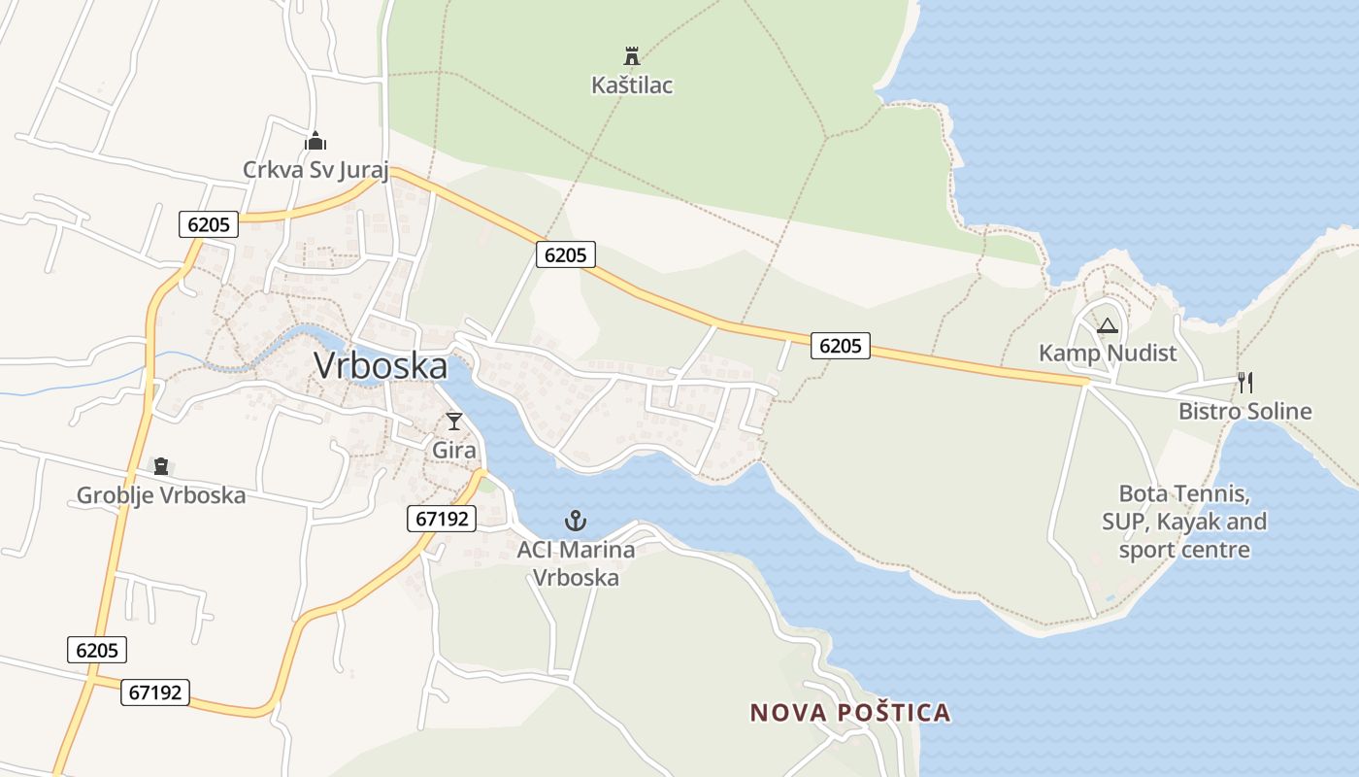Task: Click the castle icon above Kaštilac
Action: (x=632, y=56)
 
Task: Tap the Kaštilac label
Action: (x=632, y=85)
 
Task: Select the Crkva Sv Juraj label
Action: (x=315, y=170)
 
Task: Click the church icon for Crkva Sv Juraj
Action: (x=315, y=142)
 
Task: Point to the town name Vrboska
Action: (x=381, y=366)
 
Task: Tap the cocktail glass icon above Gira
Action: (x=454, y=422)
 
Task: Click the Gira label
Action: (x=454, y=451)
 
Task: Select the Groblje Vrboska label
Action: (x=161, y=495)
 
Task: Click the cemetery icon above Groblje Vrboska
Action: (x=161, y=467)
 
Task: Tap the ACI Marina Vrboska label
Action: (x=576, y=563)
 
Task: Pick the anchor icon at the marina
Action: (x=576, y=521)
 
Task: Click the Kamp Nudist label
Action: (x=1108, y=353)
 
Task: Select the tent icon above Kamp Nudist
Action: (x=1108, y=325)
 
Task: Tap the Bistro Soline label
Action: (x=1244, y=411)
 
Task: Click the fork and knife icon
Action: (x=1244, y=383)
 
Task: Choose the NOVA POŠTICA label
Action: (x=850, y=713)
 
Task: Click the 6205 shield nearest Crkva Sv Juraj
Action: (x=209, y=224)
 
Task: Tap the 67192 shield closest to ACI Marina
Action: (x=442, y=519)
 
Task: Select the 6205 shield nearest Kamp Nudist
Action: (x=841, y=345)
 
